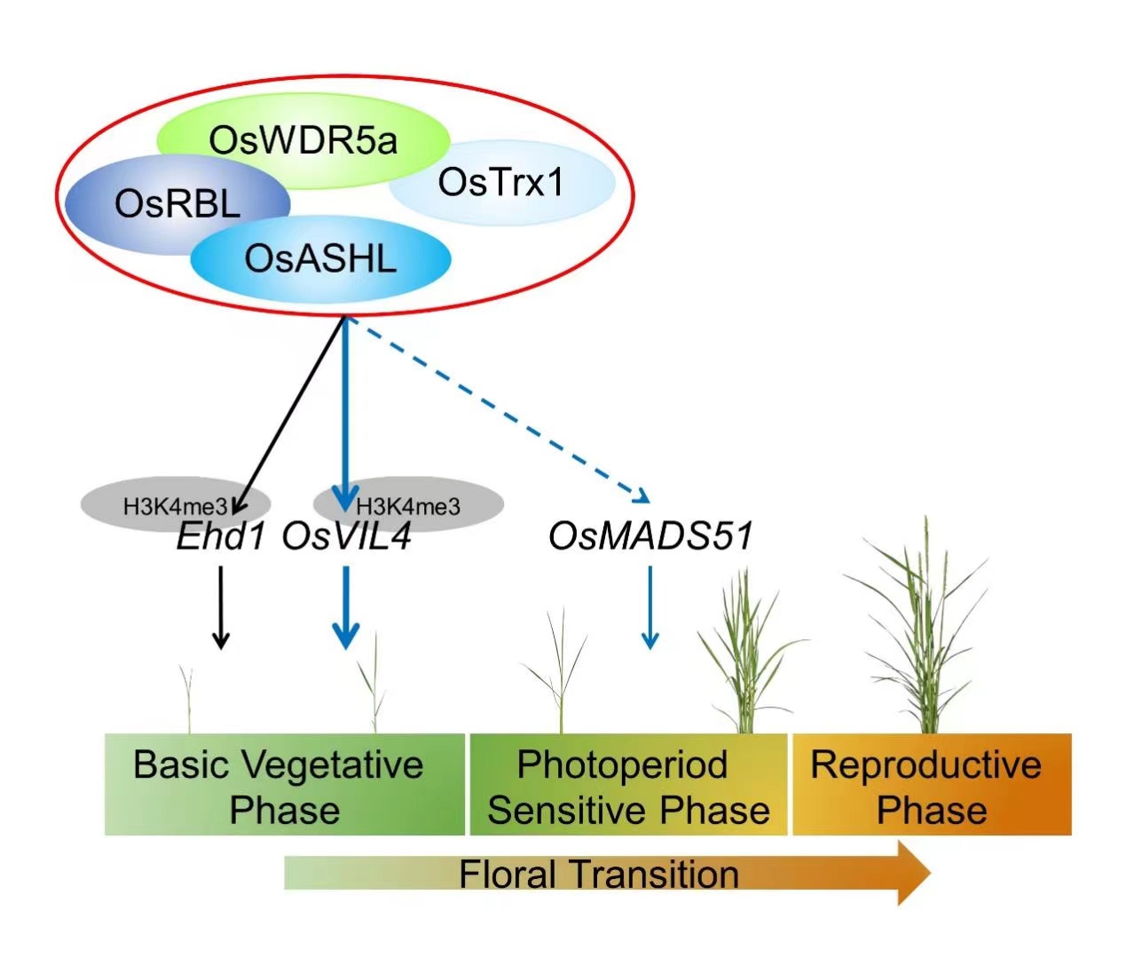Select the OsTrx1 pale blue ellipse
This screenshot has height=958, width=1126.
502,183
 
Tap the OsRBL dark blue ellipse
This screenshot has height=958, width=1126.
177,204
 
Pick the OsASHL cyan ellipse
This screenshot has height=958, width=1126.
320,259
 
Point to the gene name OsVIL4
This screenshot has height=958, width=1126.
347,536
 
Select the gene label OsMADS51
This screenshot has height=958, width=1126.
650,535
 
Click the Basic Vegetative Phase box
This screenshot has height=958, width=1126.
284,785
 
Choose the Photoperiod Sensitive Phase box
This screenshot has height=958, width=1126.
628,785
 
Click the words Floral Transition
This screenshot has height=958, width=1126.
599,874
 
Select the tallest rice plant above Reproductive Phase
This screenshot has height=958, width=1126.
923,630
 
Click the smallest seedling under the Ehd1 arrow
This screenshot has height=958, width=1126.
189,701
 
